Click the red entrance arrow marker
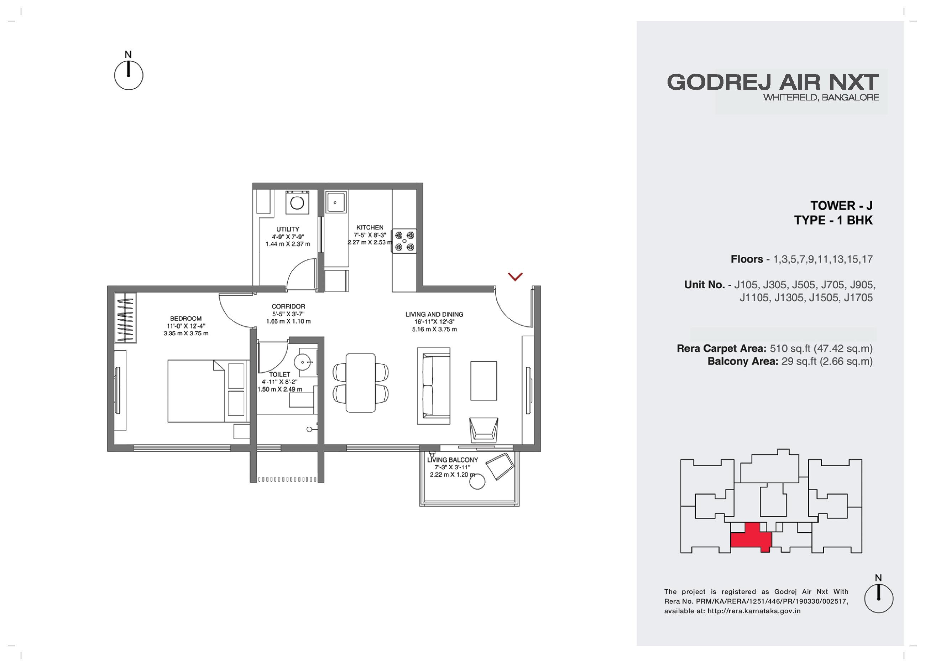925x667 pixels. pos(515,277)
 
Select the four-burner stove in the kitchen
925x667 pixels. pos(404,241)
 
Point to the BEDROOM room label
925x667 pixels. pos(186,319)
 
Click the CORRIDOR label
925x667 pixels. pos(288,306)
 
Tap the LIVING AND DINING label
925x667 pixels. pos(434,314)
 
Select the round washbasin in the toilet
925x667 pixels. pos(303,362)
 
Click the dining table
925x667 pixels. pos(361,383)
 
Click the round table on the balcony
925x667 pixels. pos(477,482)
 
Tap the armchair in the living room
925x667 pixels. pos(484,430)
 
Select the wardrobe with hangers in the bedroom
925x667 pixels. pos(125,318)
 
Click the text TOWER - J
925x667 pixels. pos(841,205)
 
